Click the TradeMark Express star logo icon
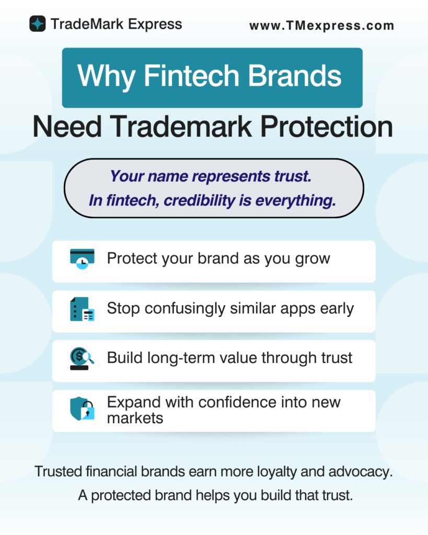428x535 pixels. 38,24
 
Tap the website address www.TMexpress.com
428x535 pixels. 321,25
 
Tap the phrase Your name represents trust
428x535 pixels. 211,177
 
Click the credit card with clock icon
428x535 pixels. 82,259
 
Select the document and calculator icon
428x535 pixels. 82,309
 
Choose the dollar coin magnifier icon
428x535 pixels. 82,358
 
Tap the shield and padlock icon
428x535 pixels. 82,409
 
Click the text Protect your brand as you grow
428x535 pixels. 218,259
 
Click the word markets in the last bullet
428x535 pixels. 135,418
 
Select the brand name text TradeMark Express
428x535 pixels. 117,24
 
